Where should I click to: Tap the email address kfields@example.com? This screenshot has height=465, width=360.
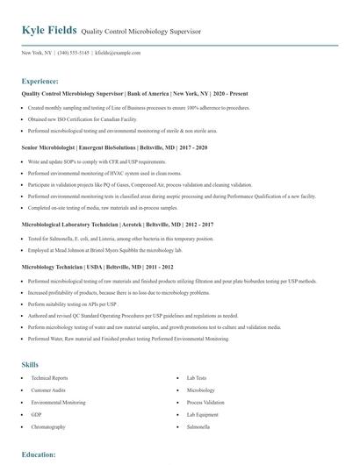click(118, 53)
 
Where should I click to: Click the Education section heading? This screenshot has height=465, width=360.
click(39, 454)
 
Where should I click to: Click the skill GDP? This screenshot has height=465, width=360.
click(36, 414)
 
